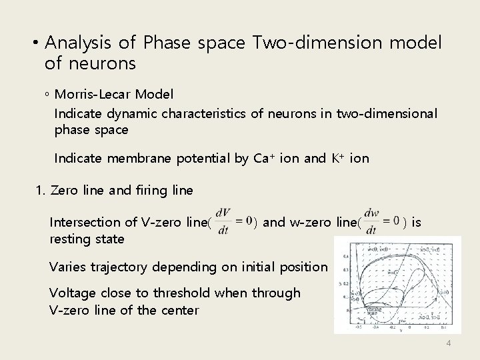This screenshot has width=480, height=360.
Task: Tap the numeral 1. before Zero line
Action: tap(40, 191)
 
